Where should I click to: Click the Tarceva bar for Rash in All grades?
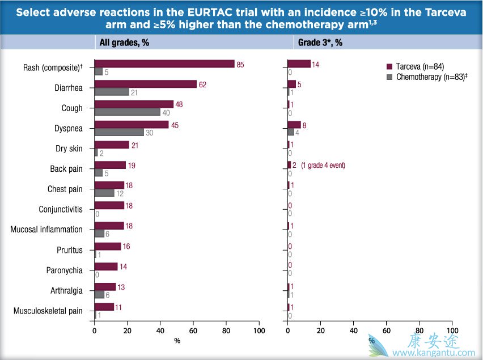coord(164,64)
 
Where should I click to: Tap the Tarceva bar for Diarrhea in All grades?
coord(145,84)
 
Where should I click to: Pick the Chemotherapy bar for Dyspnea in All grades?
coord(118,132)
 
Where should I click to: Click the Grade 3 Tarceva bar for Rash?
coord(299,64)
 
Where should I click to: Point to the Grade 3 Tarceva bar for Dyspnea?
coord(294,125)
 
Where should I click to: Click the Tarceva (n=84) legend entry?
coord(421,66)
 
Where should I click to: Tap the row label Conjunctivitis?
coord(61,210)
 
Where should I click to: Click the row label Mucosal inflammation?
coord(46,230)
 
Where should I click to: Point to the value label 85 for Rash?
coord(240,65)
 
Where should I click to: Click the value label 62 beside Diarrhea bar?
coord(202,84)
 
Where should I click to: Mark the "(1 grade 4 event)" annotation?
coord(323,166)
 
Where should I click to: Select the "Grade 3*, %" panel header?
coord(320,43)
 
